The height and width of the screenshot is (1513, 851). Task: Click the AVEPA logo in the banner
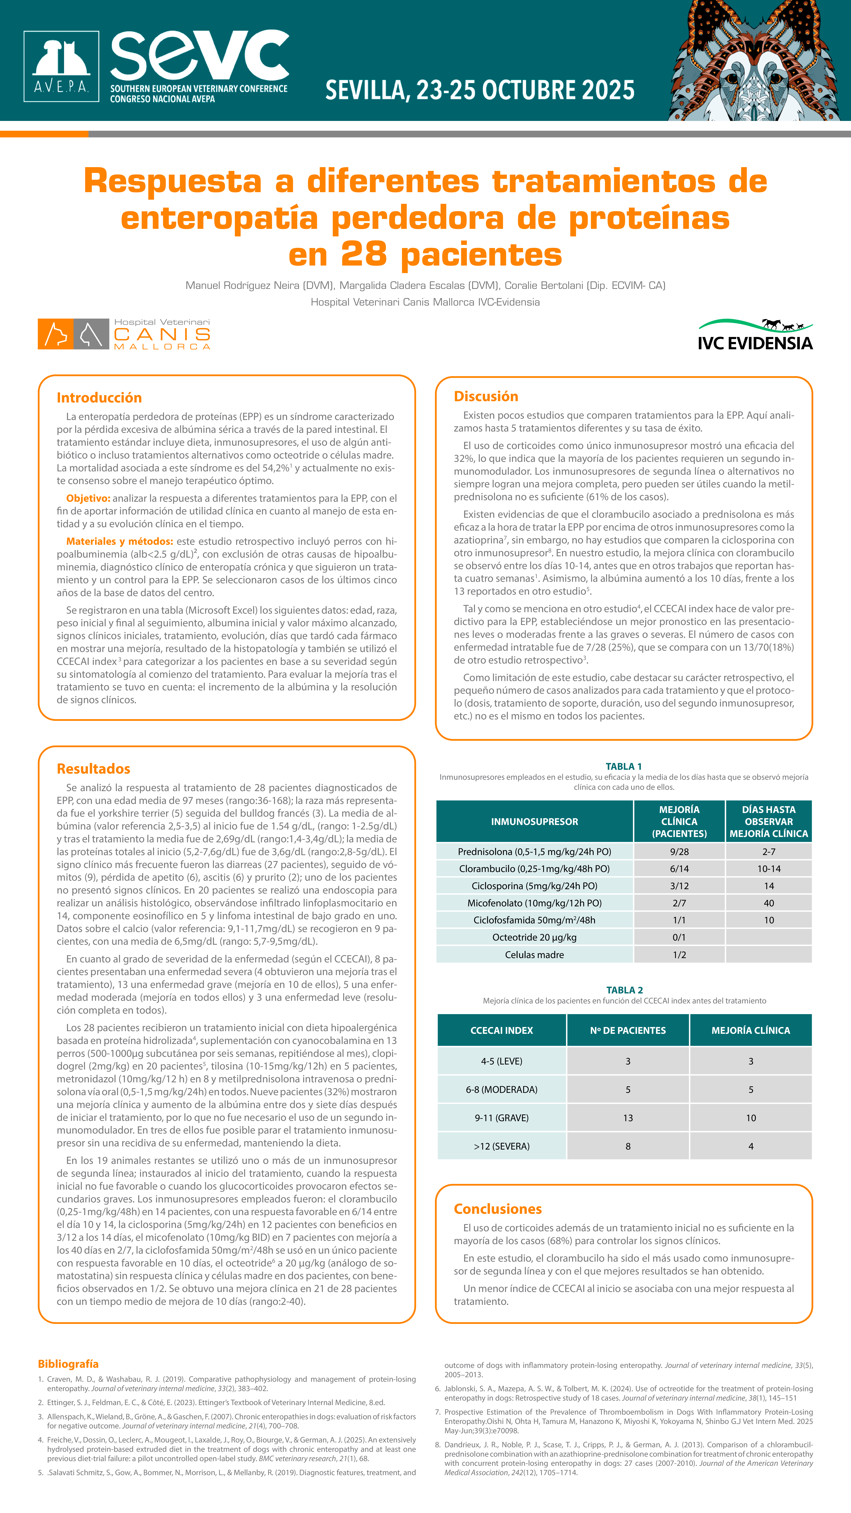(61, 66)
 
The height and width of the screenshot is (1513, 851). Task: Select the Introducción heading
(99, 398)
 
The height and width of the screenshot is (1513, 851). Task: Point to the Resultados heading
(93, 769)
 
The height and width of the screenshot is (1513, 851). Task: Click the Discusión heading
(486, 396)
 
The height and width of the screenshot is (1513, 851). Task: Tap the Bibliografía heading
(68, 1364)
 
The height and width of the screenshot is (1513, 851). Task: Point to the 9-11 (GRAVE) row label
(502, 1118)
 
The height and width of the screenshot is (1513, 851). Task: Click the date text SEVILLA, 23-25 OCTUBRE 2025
(480, 90)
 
